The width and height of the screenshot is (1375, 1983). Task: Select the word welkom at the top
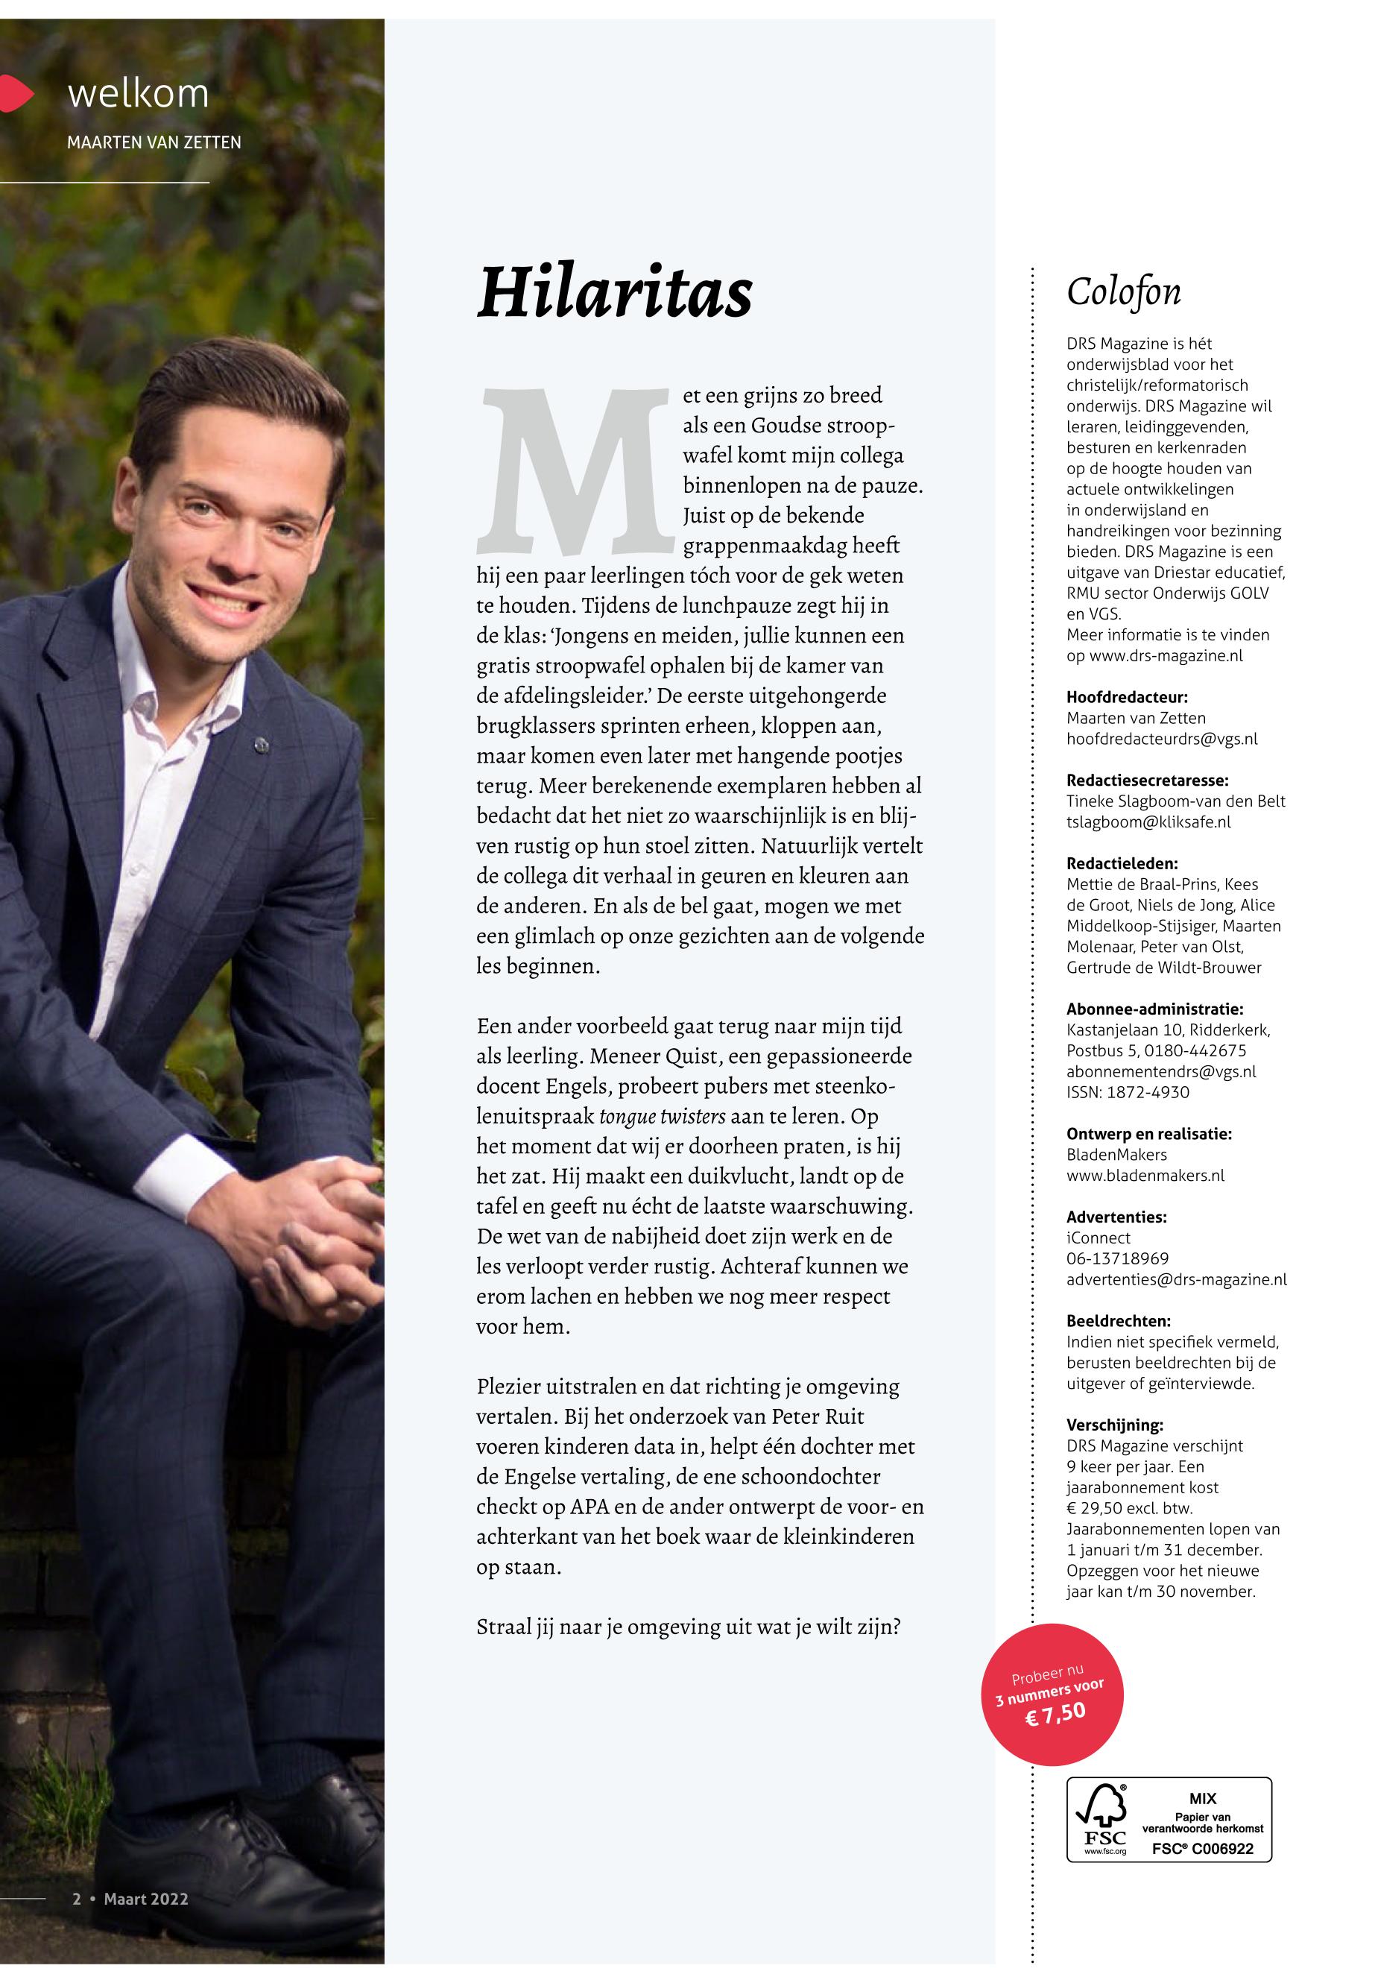coord(138,93)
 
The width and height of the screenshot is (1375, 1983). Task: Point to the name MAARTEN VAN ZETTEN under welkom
coord(154,142)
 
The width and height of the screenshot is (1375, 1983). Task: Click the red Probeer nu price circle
coord(1053,1695)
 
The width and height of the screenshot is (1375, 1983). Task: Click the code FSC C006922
coord(1203,1850)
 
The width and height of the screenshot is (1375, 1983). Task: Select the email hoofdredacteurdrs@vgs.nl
coord(1161,739)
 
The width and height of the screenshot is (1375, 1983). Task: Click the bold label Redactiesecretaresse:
coord(1147,781)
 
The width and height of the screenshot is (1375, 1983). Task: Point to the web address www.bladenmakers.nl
coord(1145,1176)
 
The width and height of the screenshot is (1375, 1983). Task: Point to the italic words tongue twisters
coord(662,1117)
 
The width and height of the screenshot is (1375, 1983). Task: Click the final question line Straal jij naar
coord(687,1627)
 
